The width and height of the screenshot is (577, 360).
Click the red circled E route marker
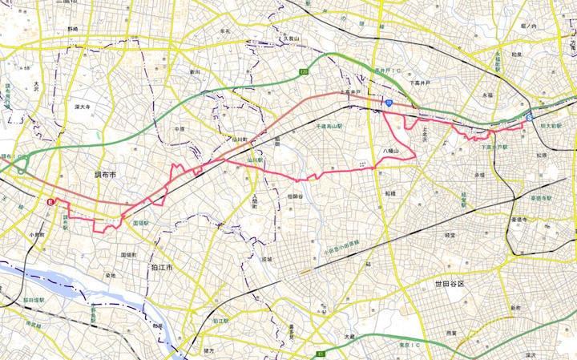(x=50, y=203)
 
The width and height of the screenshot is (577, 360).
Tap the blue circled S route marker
(x=529, y=117)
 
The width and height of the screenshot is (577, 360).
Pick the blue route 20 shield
(x=386, y=103)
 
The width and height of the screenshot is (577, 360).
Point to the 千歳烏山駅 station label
(x=329, y=127)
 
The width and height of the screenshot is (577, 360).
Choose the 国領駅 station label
(x=140, y=223)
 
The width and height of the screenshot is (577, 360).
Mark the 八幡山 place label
(x=390, y=149)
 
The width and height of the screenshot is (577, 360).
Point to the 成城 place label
(x=266, y=259)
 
